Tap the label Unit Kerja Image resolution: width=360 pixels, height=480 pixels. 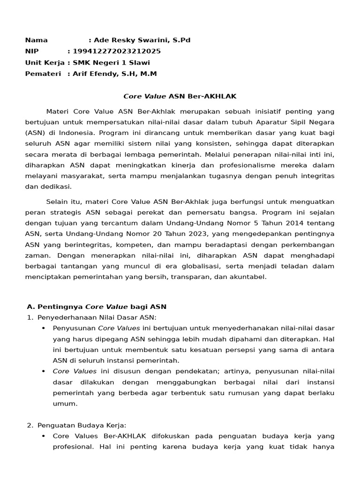click(x=45, y=62)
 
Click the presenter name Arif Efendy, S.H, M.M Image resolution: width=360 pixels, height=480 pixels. click(x=115, y=74)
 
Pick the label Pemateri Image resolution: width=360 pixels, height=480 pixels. click(x=43, y=74)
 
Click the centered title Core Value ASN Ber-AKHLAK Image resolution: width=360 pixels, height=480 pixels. click(x=180, y=97)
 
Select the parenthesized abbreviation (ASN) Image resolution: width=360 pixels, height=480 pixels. click(x=35, y=133)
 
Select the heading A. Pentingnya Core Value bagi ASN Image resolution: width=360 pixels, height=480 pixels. click(x=97, y=307)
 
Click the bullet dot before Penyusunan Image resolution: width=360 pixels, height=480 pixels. click(x=44, y=328)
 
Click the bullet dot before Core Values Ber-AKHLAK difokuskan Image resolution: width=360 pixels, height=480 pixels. click(x=44, y=436)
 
